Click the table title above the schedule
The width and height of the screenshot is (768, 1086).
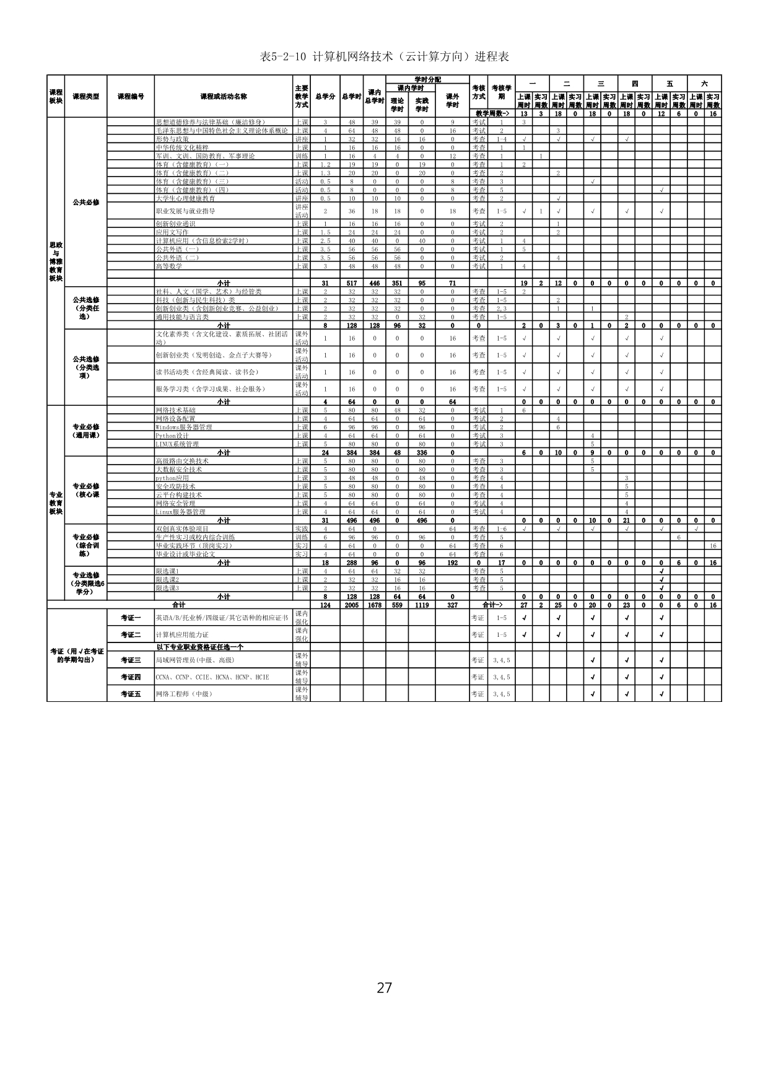point(384,56)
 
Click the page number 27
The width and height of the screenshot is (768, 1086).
point(384,987)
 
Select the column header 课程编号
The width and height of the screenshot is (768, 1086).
point(131,97)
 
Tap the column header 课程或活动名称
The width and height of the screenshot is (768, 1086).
point(224,97)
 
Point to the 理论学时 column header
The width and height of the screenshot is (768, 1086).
point(397,105)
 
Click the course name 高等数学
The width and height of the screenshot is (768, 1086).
point(169,266)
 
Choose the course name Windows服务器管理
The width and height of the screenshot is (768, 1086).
point(184,427)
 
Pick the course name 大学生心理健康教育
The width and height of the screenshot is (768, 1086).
point(186,199)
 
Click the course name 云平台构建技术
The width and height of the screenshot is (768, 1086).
point(179,495)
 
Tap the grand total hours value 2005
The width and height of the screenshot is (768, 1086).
point(352,605)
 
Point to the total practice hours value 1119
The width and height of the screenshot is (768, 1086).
point(422,605)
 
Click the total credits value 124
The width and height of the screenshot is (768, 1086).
point(325,605)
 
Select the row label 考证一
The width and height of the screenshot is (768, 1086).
point(131,618)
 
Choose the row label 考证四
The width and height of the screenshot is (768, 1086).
point(131,677)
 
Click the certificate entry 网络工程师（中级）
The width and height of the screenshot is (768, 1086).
point(184,694)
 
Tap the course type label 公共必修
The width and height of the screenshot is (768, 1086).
point(85,203)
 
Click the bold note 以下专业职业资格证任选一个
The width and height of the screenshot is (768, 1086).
point(200,647)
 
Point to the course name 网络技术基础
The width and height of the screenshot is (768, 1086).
point(175,410)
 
